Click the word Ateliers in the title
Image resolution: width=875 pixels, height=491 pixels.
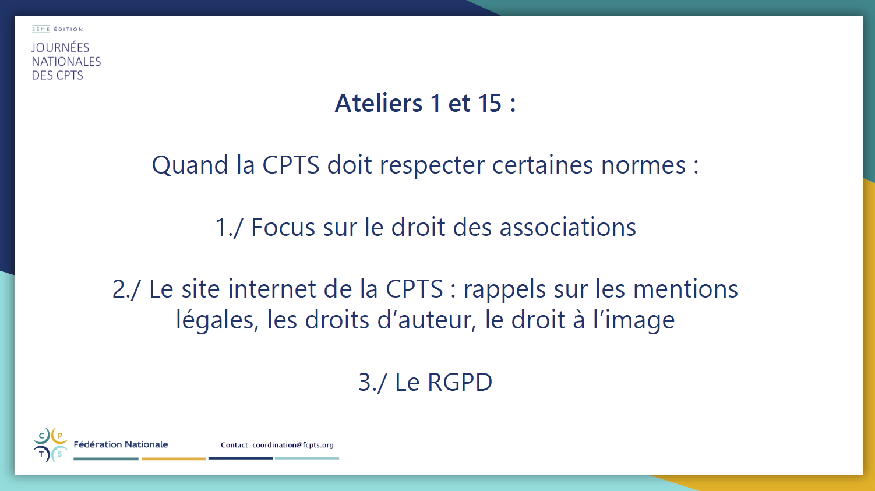pos(379,103)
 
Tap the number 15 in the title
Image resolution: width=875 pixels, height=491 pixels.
pos(489,103)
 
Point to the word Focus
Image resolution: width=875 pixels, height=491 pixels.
pos(283,227)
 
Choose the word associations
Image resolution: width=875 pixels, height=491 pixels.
pos(567,227)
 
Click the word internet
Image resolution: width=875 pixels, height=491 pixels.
pos(271,289)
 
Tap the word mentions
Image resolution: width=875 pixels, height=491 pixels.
pos(685,289)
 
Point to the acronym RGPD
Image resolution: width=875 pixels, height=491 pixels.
pos(460,382)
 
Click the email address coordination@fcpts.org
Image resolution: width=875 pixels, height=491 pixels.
pos(293,445)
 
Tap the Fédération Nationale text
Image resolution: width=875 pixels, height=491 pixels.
pos(121,444)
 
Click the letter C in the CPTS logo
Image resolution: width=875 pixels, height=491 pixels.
pos(41,436)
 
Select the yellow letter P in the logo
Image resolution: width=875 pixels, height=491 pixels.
pos(59,436)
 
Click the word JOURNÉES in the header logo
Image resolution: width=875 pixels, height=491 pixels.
pos(61,48)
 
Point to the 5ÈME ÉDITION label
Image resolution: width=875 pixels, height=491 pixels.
pos(58,29)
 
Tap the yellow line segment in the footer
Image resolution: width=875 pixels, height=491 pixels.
pos(174,458)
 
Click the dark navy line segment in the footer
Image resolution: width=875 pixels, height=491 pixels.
pos(240,458)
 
